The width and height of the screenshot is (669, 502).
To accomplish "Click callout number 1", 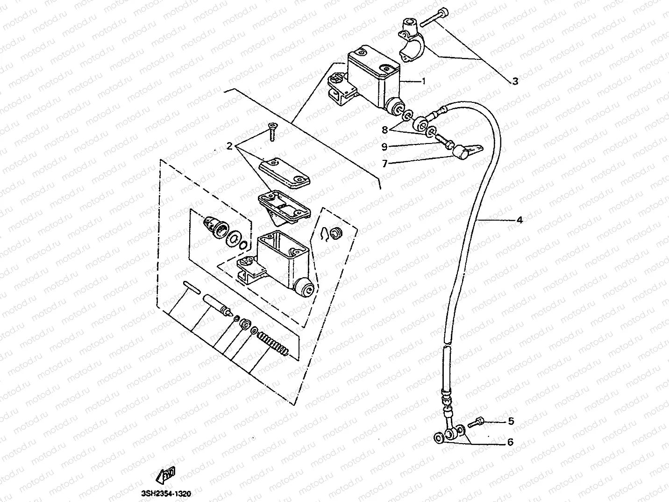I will coord(424,81).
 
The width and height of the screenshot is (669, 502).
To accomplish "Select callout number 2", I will coord(229,146).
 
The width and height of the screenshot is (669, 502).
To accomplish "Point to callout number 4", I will coord(519,219).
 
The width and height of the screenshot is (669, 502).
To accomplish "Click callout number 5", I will coord(511,421).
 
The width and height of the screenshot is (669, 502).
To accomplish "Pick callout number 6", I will coord(510,442).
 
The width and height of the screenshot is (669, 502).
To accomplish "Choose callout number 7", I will coord(384,163).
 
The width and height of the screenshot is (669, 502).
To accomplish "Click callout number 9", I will coord(384,146).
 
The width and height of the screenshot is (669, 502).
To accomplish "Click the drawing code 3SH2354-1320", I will coord(166,494).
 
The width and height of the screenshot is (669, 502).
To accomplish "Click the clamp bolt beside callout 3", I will coord(435,17).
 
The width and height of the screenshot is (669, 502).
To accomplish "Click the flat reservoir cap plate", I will coord(284,172).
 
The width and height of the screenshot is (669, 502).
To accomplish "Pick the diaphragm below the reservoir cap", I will coord(284,204).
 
